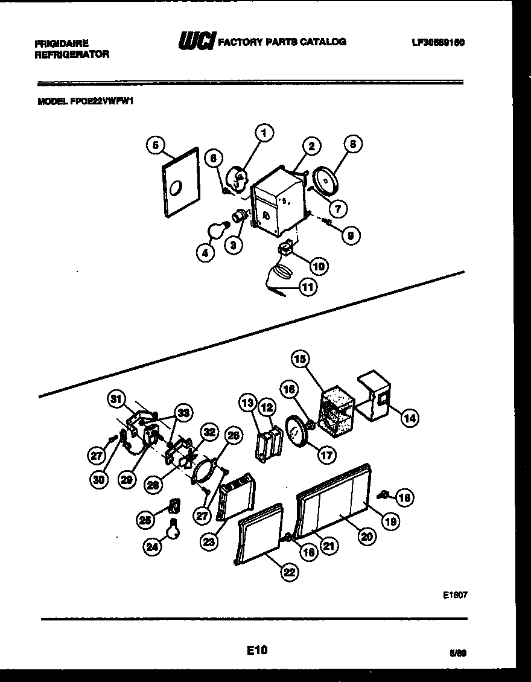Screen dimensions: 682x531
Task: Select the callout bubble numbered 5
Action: [x=155, y=145]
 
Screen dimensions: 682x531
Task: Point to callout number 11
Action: [x=308, y=288]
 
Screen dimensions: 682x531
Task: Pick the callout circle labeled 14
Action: [x=410, y=417]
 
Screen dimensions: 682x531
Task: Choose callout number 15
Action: [x=300, y=360]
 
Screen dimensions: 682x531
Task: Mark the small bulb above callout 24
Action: [x=174, y=529]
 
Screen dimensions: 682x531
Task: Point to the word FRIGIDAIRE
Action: [x=62, y=43]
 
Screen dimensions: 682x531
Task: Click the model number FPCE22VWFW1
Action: [x=85, y=102]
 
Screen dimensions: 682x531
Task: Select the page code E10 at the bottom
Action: [x=256, y=650]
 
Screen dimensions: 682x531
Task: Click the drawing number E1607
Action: [x=455, y=594]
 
